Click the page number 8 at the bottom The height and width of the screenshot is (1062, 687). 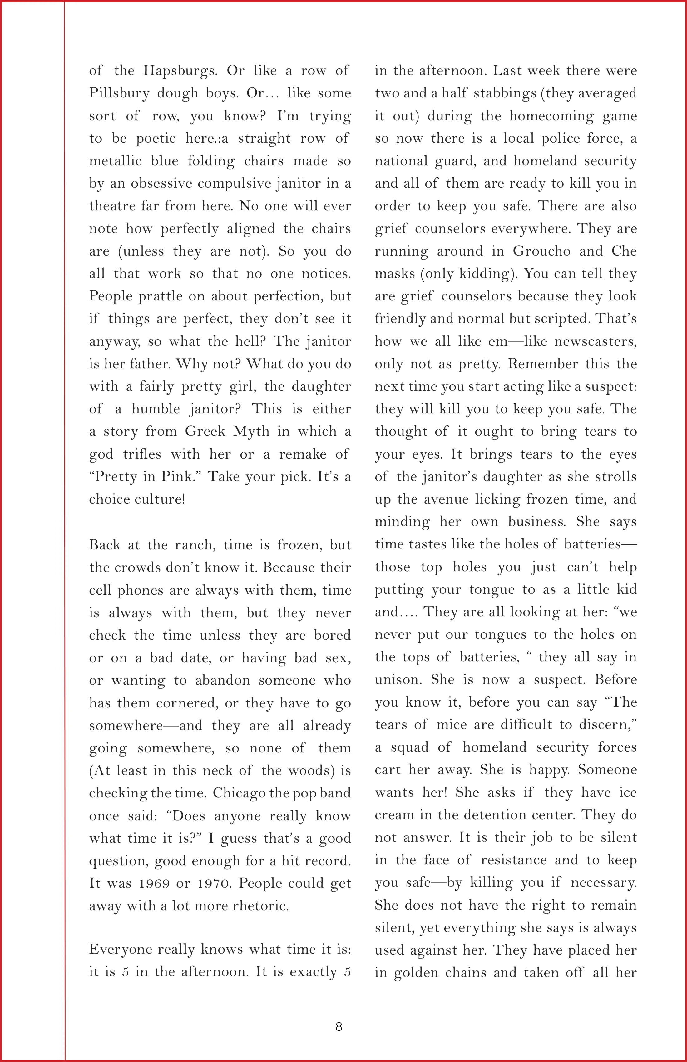339,1026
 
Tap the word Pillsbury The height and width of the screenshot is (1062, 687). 119,93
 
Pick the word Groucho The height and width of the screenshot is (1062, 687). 541,251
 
